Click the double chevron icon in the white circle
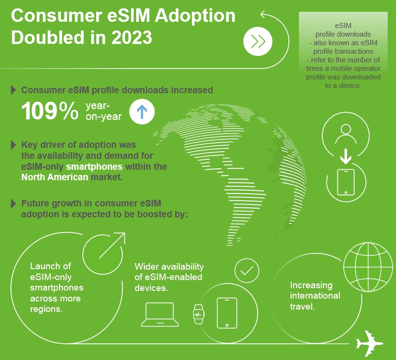tap(258, 41)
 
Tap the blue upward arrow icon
tap(142, 111)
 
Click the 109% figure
tap(50, 111)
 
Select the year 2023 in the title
tap(131, 38)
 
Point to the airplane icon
tap(369, 343)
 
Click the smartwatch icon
tap(199, 314)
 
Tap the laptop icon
tap(160, 315)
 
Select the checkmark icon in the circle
tap(247, 271)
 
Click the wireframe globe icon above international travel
tap(368, 267)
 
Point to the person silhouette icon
tap(346, 134)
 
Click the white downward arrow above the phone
tap(346, 156)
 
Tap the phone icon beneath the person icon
tap(346, 182)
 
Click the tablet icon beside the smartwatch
tap(227, 313)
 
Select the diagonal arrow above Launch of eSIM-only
tap(112, 245)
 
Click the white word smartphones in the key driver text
tap(94, 166)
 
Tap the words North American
tap(55, 177)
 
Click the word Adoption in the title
tap(195, 16)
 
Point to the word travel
tap(302, 307)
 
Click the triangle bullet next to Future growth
tap(14, 204)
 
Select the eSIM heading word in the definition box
tap(343, 26)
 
